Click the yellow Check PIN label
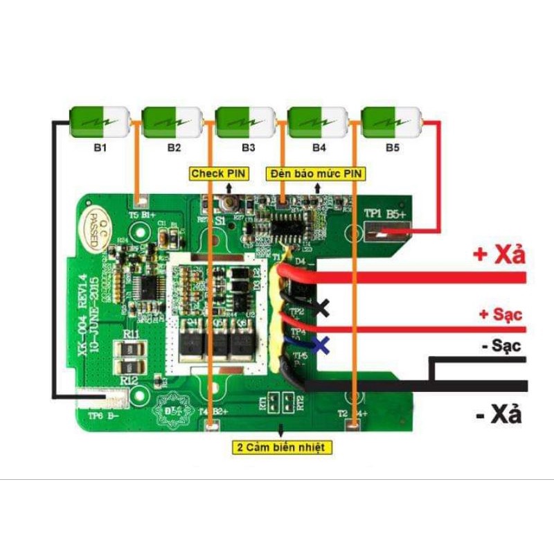(217, 173)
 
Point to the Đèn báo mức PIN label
(316, 173)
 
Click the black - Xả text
(499, 415)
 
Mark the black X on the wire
(321, 307)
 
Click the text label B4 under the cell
(319, 148)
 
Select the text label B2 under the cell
(173, 148)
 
